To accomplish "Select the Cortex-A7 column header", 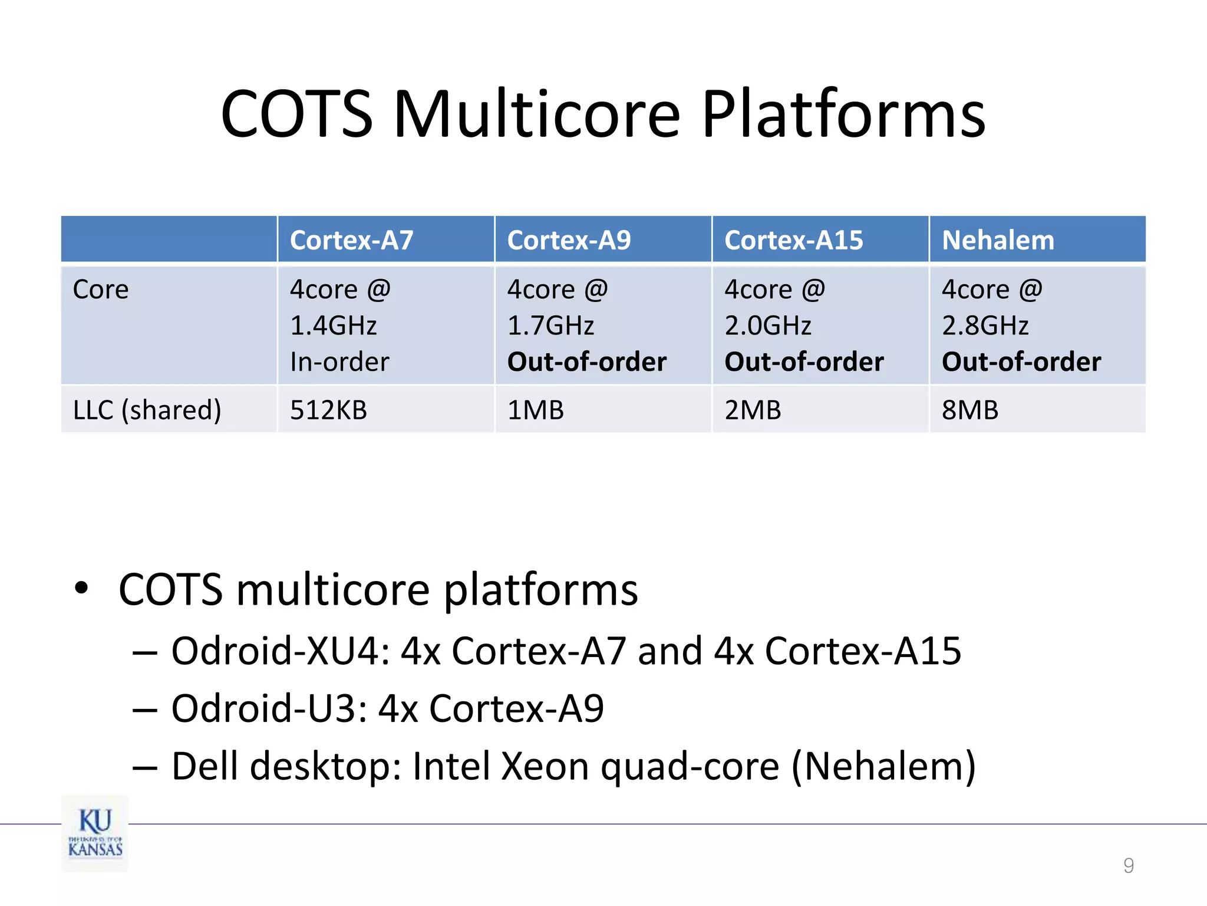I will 352,240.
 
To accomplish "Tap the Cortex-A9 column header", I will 569,240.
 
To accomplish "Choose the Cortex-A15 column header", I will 793,240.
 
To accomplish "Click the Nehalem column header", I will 998,240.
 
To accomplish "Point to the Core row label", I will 101,290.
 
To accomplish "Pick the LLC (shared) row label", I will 147,410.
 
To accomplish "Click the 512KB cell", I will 328,410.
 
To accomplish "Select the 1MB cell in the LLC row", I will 535,410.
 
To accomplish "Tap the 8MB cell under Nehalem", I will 969,410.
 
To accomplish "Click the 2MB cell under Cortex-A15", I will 753,410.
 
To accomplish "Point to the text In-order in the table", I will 339,362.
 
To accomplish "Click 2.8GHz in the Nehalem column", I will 985,326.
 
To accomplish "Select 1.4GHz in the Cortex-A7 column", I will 333,326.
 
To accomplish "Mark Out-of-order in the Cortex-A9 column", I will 586,362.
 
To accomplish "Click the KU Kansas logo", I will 95,833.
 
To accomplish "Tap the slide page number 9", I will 1128,865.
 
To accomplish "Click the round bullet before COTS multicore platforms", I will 81,588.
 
